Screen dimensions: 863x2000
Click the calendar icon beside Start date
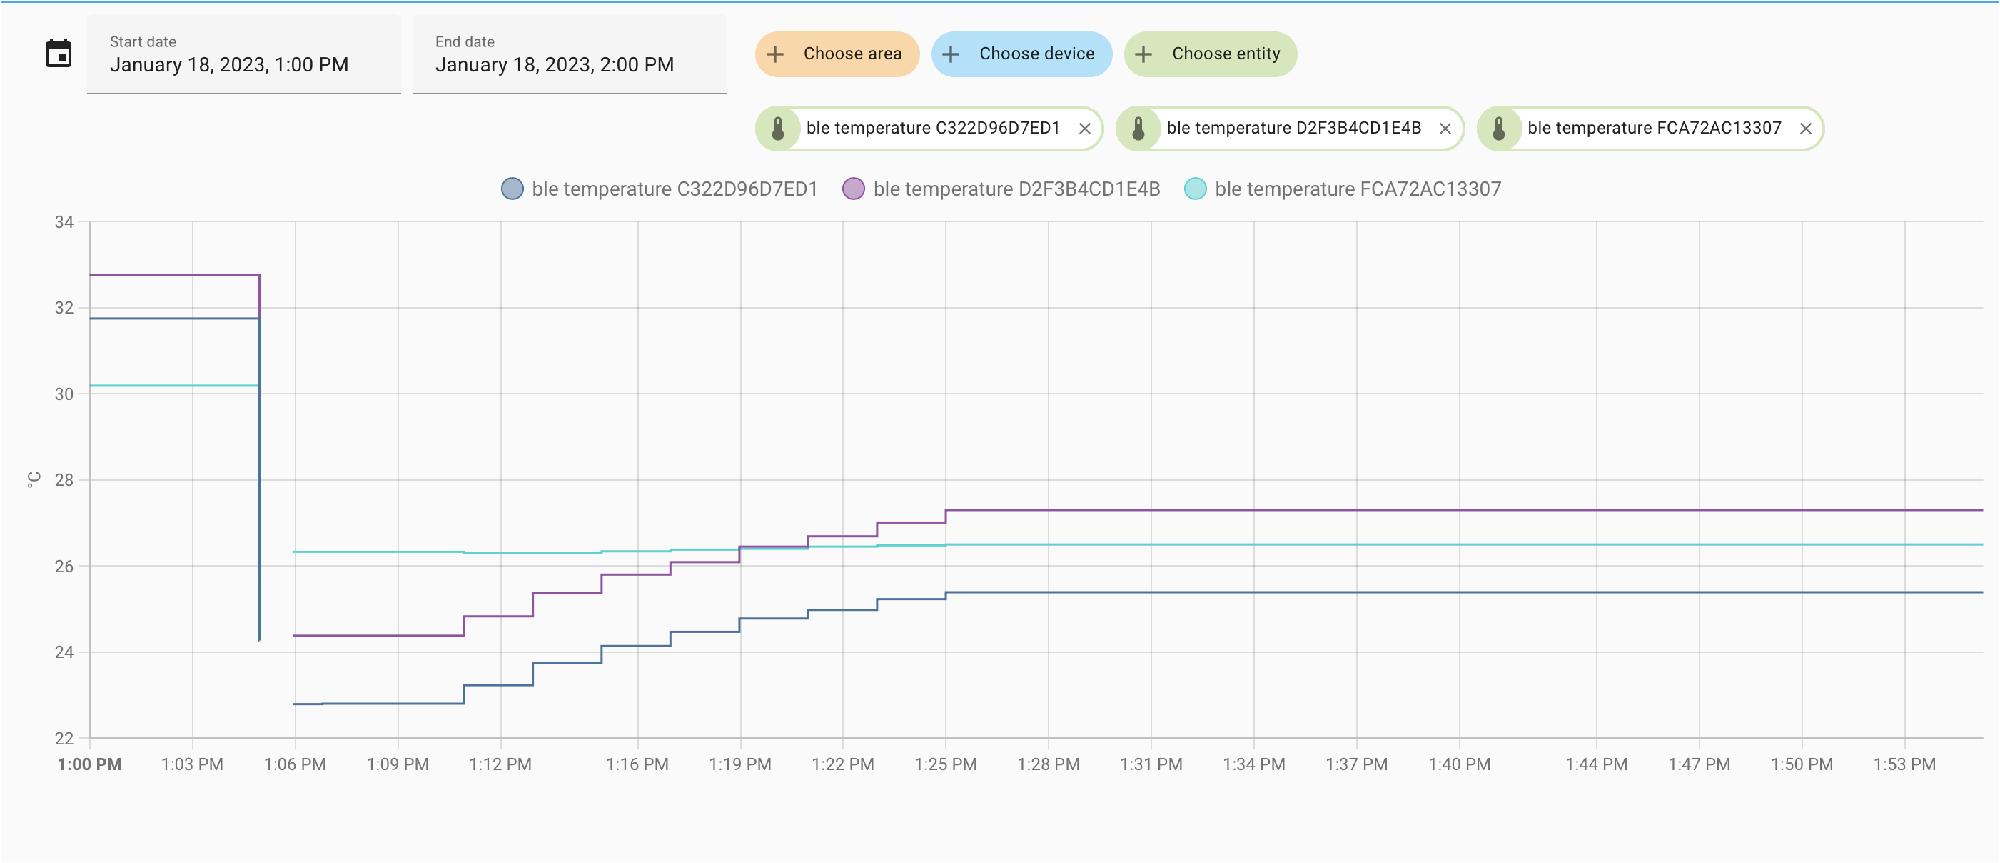(59, 54)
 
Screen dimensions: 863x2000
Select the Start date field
(244, 54)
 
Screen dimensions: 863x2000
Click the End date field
(569, 54)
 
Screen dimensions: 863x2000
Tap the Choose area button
(837, 54)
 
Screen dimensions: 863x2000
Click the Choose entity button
(1211, 54)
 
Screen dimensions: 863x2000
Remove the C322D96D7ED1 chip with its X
(1085, 129)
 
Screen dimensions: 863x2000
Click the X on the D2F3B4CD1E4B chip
(1445, 129)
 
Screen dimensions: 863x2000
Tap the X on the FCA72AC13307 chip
(1806, 129)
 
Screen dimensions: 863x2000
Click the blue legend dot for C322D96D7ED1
(512, 189)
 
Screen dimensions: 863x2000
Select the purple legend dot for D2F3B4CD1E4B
(853, 189)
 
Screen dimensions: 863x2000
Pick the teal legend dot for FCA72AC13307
(1196, 189)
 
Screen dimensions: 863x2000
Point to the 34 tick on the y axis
(64, 222)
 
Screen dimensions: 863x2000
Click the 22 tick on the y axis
(64, 738)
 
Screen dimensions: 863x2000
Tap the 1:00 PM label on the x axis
(89, 764)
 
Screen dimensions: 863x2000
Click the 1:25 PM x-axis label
(946, 764)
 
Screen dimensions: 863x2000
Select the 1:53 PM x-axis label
(1904, 764)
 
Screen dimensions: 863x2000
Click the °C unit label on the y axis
(34, 480)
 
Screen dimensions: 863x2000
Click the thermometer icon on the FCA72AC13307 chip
(1499, 129)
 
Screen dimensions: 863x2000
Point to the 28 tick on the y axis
(64, 480)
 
